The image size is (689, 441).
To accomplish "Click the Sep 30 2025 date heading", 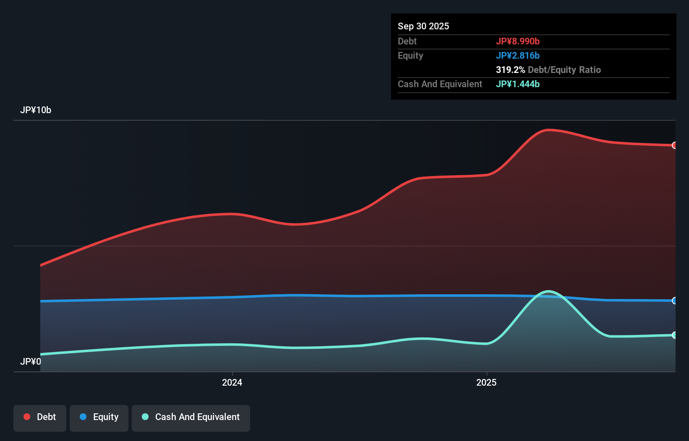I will tap(423, 26).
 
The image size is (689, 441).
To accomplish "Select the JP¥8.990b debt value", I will tap(517, 41).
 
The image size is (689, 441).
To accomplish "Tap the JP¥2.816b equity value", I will tap(517, 55).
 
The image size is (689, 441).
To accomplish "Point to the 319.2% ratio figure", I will tap(510, 70).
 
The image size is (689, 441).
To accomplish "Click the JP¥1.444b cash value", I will tap(517, 84).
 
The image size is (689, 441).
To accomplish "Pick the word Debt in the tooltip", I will tap(407, 41).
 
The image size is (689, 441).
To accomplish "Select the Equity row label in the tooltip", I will tap(410, 55).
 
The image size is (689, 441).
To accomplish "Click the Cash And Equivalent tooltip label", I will tap(440, 84).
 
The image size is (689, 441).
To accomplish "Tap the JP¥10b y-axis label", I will tap(36, 110).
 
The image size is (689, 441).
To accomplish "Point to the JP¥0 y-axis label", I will tap(31, 361).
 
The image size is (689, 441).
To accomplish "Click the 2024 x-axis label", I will tap(232, 382).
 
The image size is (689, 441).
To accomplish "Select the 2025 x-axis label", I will tap(486, 382).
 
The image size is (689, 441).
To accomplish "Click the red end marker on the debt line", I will tap(674, 145).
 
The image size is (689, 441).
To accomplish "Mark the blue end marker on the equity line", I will tap(674, 301).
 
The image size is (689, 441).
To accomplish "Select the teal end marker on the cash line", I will tap(674, 335).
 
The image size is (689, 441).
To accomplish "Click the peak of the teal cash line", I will tap(548, 291).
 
